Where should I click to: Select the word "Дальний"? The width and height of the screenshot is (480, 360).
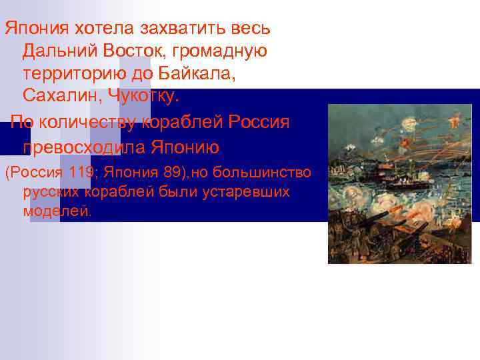pos(58,50)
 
